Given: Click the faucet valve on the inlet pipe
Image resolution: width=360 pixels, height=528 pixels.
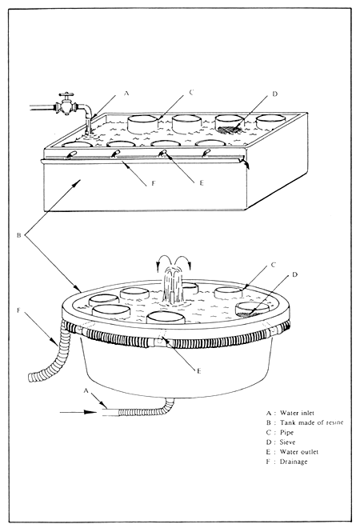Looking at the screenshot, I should pos(66,106).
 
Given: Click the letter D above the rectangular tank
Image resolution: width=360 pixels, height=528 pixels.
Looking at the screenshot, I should pos(275,94).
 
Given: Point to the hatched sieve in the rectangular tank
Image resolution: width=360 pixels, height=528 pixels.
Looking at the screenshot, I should pos(230,126).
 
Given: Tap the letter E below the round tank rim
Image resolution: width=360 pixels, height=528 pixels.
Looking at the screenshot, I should pos(198,372).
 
